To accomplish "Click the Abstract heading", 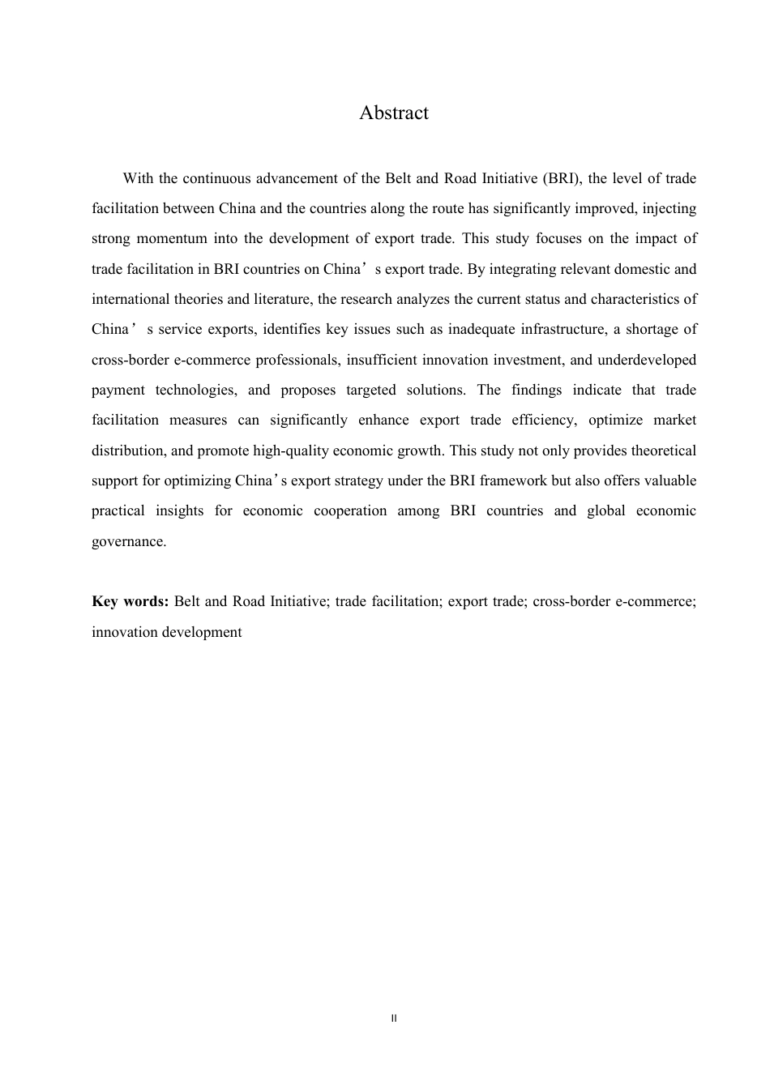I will click(394, 113).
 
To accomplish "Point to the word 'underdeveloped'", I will click(647, 360).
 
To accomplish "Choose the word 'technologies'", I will click(196, 390).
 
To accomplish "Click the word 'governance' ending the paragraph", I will click(128, 541).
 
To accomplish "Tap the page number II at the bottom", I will click(394, 1018).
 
